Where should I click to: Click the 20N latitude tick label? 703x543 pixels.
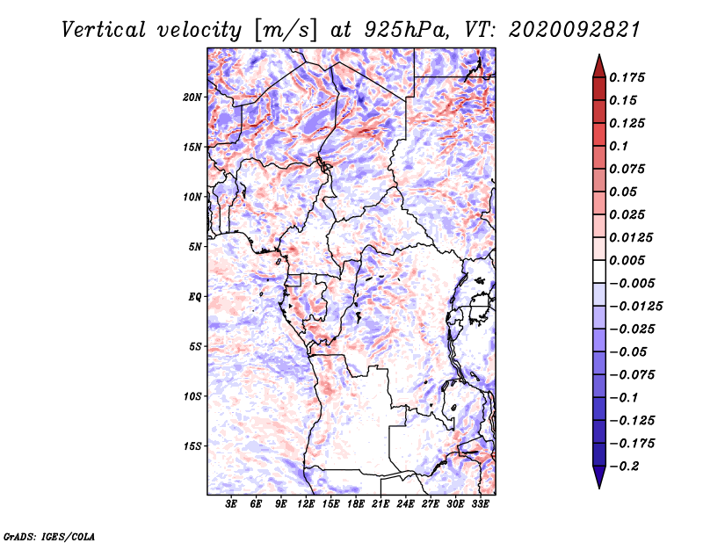tap(192, 98)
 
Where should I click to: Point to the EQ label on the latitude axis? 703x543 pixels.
tap(194, 297)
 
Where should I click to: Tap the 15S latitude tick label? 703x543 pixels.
tap(192, 446)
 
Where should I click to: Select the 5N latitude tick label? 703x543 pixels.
tap(195, 247)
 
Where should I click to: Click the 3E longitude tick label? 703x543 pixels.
tap(231, 504)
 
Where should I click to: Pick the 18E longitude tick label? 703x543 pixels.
tap(356, 504)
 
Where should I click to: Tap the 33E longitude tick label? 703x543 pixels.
tap(480, 504)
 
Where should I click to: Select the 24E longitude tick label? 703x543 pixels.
tap(405, 504)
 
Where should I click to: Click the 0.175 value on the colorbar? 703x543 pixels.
tap(627, 77)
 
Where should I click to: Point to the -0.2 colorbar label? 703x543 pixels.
tap(624, 467)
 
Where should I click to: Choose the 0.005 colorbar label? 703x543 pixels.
tap(627, 260)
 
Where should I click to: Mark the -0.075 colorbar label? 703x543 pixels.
tap(632, 375)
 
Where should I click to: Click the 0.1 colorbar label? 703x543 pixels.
tap(619, 146)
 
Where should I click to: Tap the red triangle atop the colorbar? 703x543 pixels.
tap(599, 68)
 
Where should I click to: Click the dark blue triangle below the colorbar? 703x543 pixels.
tap(599, 476)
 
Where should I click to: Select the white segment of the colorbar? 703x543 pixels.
tap(599, 271)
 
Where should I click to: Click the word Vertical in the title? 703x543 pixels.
tap(104, 30)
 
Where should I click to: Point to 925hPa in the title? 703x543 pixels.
tap(406, 30)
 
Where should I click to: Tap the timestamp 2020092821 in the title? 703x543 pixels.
tap(575, 30)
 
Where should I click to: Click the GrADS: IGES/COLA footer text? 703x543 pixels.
tap(49, 536)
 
